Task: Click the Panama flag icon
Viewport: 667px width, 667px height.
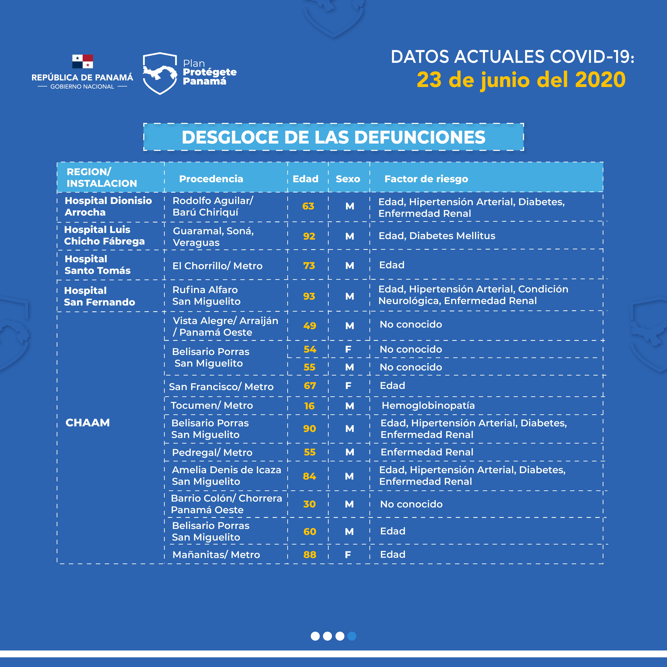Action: [83, 61]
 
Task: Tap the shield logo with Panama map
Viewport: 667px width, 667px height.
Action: [160, 73]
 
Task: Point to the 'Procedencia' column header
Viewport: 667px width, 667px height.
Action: [211, 179]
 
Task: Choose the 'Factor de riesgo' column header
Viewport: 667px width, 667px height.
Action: [426, 179]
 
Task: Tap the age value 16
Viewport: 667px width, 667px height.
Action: [309, 406]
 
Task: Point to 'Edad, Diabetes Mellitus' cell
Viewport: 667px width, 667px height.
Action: [437, 236]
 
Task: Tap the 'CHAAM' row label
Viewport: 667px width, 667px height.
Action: [88, 423]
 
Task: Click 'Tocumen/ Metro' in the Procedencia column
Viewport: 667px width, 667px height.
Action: [212, 405]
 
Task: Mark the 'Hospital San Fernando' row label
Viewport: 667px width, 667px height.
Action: [99, 296]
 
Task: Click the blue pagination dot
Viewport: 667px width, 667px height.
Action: [352, 636]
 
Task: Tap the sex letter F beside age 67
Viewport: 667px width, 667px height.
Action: [348, 386]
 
